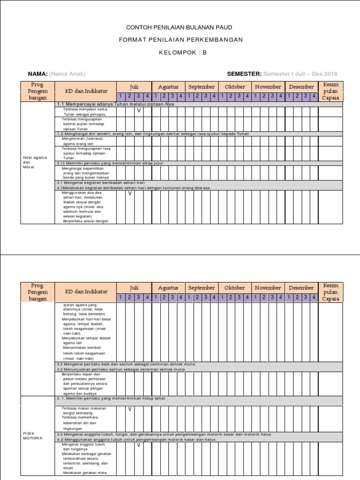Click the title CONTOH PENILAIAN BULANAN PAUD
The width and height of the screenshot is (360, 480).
pos(180,28)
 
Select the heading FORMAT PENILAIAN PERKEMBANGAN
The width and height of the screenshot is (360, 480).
pos(180,40)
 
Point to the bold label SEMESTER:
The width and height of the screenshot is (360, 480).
pos(244,74)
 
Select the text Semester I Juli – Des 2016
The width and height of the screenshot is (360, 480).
pos(300,74)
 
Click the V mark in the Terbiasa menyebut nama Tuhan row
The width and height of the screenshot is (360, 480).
pos(139,111)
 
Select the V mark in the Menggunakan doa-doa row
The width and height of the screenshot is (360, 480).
pos(130,193)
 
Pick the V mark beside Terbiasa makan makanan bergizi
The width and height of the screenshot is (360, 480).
pos(130,409)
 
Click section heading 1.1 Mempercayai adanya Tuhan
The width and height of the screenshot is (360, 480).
pos(115,104)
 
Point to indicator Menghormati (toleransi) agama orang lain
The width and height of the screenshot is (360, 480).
pos(82,141)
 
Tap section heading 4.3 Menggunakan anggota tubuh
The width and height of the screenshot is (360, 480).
pos(136,440)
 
